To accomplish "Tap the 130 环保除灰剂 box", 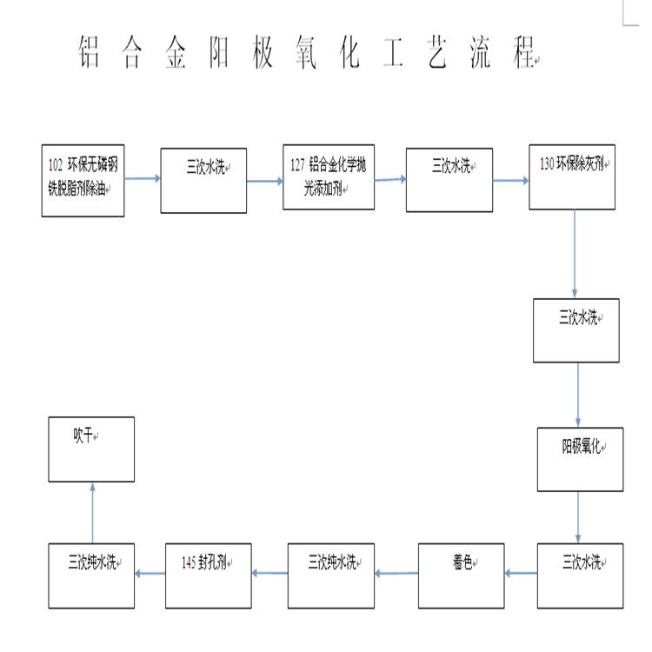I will [572, 178].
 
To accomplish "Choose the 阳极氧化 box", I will [580, 459].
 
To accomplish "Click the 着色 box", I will [461, 575].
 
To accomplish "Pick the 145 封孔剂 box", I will [208, 575].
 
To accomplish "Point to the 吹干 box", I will [91, 449].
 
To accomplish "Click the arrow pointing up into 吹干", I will [92, 512].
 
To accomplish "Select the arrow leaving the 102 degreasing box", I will [143, 179].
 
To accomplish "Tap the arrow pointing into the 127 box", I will [265, 181].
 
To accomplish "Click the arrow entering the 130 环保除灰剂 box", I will [511, 181].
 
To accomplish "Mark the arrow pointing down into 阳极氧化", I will [579, 395].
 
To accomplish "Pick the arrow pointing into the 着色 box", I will [521, 573].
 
